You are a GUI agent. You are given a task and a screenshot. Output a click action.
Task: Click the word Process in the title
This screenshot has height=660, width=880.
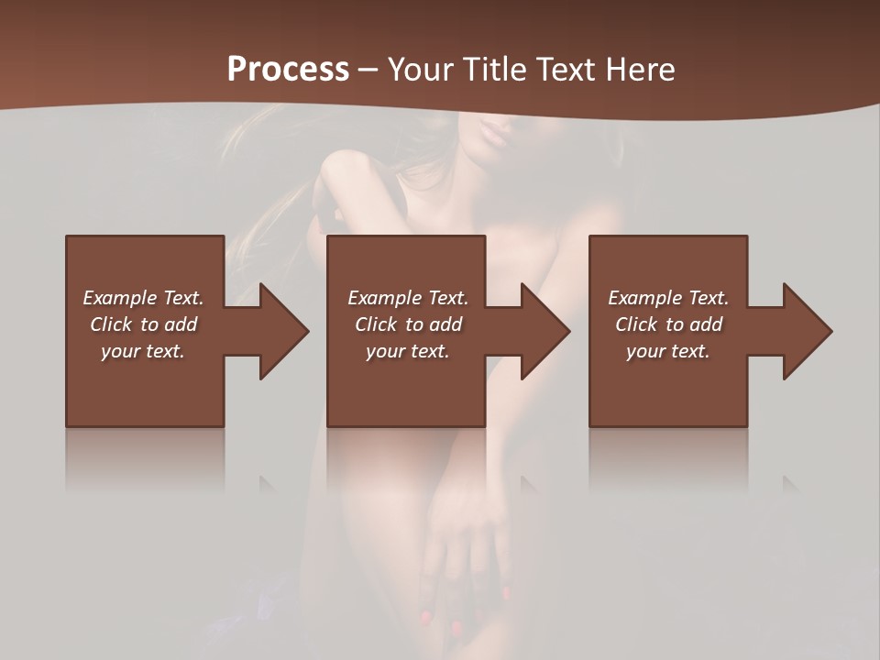pyautogui.click(x=288, y=69)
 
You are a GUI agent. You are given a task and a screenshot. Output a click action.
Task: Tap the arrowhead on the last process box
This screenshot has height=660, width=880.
pyautogui.click(x=806, y=331)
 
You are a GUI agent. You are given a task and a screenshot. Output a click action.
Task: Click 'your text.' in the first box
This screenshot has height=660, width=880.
pyautogui.click(x=143, y=351)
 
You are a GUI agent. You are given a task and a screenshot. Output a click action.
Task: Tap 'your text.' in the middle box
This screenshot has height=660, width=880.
pyautogui.click(x=408, y=351)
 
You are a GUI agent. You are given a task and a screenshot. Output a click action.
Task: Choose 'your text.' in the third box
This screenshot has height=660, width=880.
pyautogui.click(x=668, y=351)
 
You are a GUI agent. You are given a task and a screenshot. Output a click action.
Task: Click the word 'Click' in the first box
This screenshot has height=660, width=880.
pyautogui.click(x=111, y=324)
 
